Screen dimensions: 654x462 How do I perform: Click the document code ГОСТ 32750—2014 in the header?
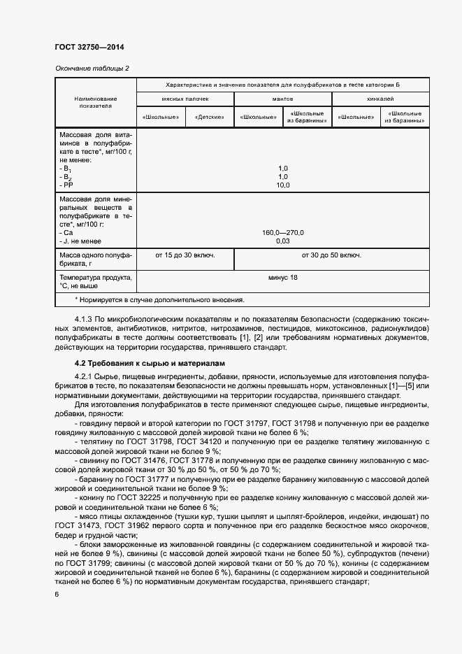pos(85,48)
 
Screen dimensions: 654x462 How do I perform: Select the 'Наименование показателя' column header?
pos(96,103)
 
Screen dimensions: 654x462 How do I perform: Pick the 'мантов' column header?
pos(282,100)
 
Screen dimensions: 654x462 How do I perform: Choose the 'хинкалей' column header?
pos(380,100)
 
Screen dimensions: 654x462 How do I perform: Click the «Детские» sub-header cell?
pos(209,117)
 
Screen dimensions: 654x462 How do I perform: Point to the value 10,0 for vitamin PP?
pos(282,185)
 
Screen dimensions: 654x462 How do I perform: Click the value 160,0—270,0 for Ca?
pos(282,233)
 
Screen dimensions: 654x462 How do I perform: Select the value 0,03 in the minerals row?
pos(282,241)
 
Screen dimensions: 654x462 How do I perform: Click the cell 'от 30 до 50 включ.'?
pos(331,255)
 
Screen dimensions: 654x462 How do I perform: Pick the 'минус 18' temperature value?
pos(282,278)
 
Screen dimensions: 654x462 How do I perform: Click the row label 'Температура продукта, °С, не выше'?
pos(96,282)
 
